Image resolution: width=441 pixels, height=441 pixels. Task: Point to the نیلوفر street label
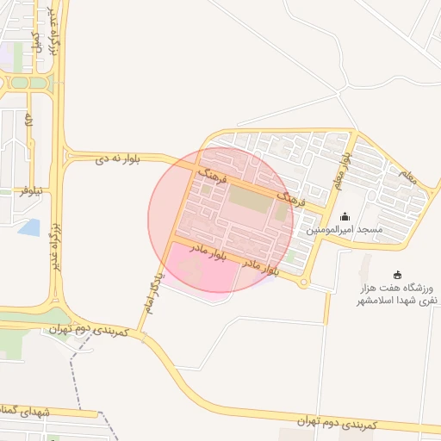[x=34, y=190]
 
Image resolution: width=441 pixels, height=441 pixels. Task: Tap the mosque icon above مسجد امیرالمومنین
[x=345, y=217]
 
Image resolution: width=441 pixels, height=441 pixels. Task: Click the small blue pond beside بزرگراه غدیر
[x=28, y=227]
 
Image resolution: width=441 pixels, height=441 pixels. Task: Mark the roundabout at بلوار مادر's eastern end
[x=303, y=282]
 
